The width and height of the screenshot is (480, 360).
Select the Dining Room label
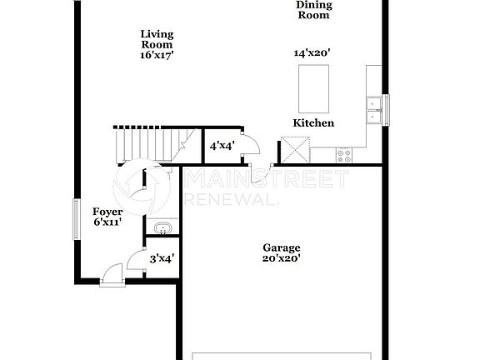click(x=314, y=10)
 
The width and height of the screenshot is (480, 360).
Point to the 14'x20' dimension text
click(x=312, y=52)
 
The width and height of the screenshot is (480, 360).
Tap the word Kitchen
click(x=313, y=123)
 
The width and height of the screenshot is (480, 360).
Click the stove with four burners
click(x=344, y=154)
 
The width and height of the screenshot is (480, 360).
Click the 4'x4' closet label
click(x=222, y=146)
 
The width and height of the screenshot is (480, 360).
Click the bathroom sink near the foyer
click(x=161, y=227)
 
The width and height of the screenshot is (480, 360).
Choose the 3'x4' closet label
click(x=161, y=259)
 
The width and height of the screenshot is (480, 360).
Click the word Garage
click(x=282, y=247)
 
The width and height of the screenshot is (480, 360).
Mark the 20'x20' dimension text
click(x=282, y=258)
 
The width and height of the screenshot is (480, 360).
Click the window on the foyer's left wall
click(x=77, y=220)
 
